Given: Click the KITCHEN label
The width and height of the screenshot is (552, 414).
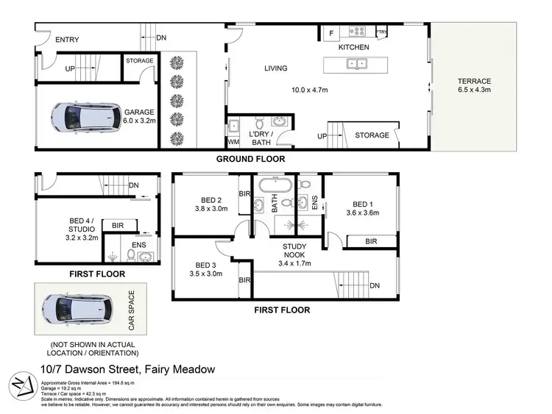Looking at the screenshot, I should [353, 47].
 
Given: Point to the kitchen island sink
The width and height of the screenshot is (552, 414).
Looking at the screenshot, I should [358, 63].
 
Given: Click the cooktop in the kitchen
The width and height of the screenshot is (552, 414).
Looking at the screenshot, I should [358, 32].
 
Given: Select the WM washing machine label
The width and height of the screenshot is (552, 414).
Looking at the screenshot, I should [234, 140].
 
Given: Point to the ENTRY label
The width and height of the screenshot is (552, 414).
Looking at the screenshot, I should [67, 40].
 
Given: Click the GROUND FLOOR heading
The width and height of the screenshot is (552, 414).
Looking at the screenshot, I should [250, 159].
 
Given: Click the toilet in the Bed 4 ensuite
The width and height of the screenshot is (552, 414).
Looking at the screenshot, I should [130, 255].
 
